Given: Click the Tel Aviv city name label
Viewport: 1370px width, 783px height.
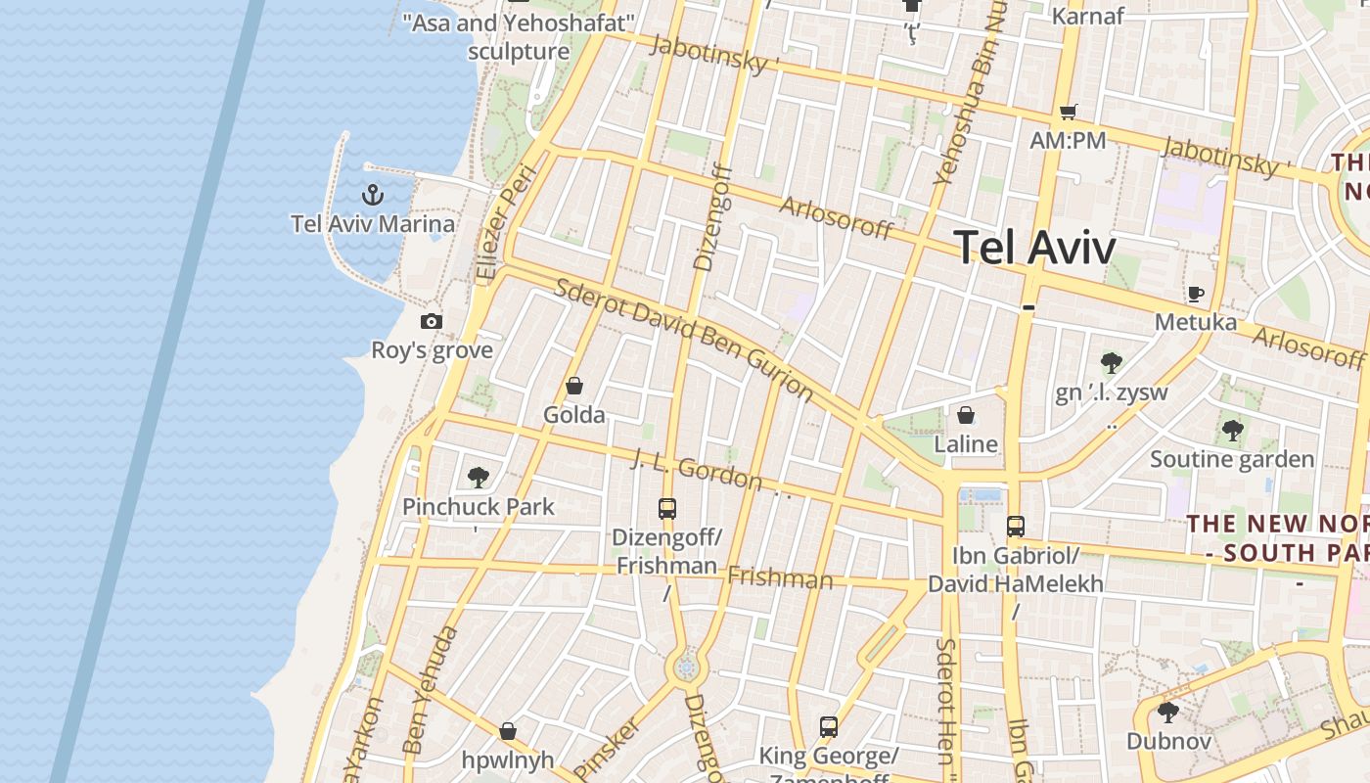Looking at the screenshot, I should (x=1034, y=247).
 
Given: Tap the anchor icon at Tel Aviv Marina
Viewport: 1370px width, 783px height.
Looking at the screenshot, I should (x=372, y=194).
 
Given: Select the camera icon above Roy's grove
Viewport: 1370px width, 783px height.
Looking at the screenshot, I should (x=431, y=321).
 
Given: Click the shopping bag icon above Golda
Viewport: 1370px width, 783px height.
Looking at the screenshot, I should (x=574, y=386).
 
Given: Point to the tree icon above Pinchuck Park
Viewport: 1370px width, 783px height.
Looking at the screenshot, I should (x=479, y=478).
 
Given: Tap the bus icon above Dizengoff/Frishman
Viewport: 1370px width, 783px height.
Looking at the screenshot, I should (x=667, y=509).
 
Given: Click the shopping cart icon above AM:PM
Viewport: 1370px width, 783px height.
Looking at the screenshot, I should (x=1069, y=112).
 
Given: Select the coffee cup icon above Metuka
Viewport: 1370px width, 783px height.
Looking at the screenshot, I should (x=1195, y=294).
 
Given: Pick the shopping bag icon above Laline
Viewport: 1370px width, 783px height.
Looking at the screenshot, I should (x=966, y=415).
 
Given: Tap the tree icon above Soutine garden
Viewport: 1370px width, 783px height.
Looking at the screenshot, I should (x=1232, y=430).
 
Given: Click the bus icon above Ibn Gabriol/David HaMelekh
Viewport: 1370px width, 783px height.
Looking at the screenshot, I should (x=1016, y=527).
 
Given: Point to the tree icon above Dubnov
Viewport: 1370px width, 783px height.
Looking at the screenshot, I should (x=1168, y=712).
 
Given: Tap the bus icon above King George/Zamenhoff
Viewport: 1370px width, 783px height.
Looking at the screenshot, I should (x=829, y=727).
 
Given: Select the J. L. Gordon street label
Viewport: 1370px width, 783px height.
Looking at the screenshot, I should (x=697, y=469).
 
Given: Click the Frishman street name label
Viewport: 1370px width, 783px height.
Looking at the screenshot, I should (x=780, y=578).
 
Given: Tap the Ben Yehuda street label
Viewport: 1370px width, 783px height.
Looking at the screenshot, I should (x=431, y=691).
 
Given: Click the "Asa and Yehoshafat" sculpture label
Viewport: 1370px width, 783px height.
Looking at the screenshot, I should (x=519, y=37).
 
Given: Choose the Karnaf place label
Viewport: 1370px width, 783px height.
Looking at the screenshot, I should (x=1087, y=16).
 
